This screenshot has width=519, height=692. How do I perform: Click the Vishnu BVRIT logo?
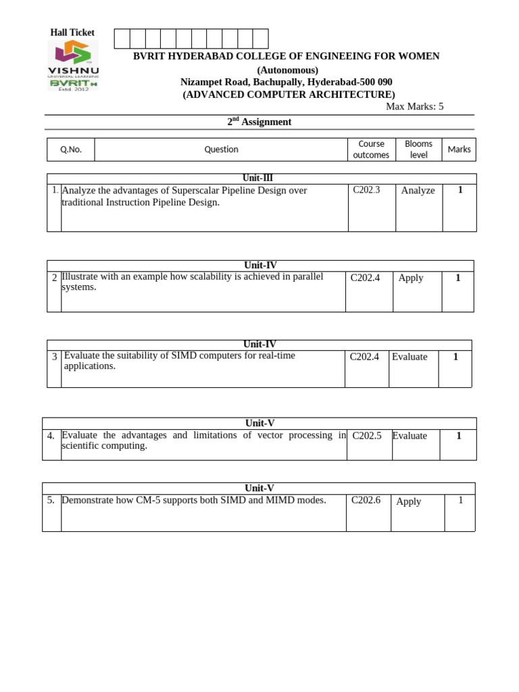pyautogui.click(x=72, y=66)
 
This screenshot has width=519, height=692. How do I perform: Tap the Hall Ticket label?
pyautogui.click(x=72, y=32)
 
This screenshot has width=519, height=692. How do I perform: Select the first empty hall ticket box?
pyautogui.click(x=122, y=39)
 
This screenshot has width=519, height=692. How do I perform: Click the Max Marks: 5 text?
pyautogui.click(x=414, y=107)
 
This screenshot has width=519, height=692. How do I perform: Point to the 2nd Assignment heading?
pyautogui.click(x=259, y=122)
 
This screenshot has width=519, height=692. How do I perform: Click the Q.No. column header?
pyautogui.click(x=70, y=149)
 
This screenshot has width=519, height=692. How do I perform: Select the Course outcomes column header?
pyautogui.click(x=371, y=149)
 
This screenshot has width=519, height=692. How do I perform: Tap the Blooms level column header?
pyautogui.click(x=418, y=149)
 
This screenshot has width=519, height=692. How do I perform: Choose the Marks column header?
pyautogui.click(x=459, y=149)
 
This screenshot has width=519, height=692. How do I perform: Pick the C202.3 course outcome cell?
pyautogui.click(x=366, y=191)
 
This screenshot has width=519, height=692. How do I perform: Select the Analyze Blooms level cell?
pyautogui.click(x=418, y=191)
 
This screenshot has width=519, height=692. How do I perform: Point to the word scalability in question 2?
pyautogui.click(x=200, y=276)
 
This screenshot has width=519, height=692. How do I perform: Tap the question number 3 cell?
pyautogui.click(x=54, y=356)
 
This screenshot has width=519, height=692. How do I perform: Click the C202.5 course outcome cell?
pyautogui.click(x=367, y=436)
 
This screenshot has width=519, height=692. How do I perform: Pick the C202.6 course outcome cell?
pyautogui.click(x=366, y=500)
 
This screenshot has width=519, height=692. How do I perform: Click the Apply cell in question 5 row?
pyautogui.click(x=408, y=501)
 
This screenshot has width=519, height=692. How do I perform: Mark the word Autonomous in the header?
pyautogui.click(x=287, y=70)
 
